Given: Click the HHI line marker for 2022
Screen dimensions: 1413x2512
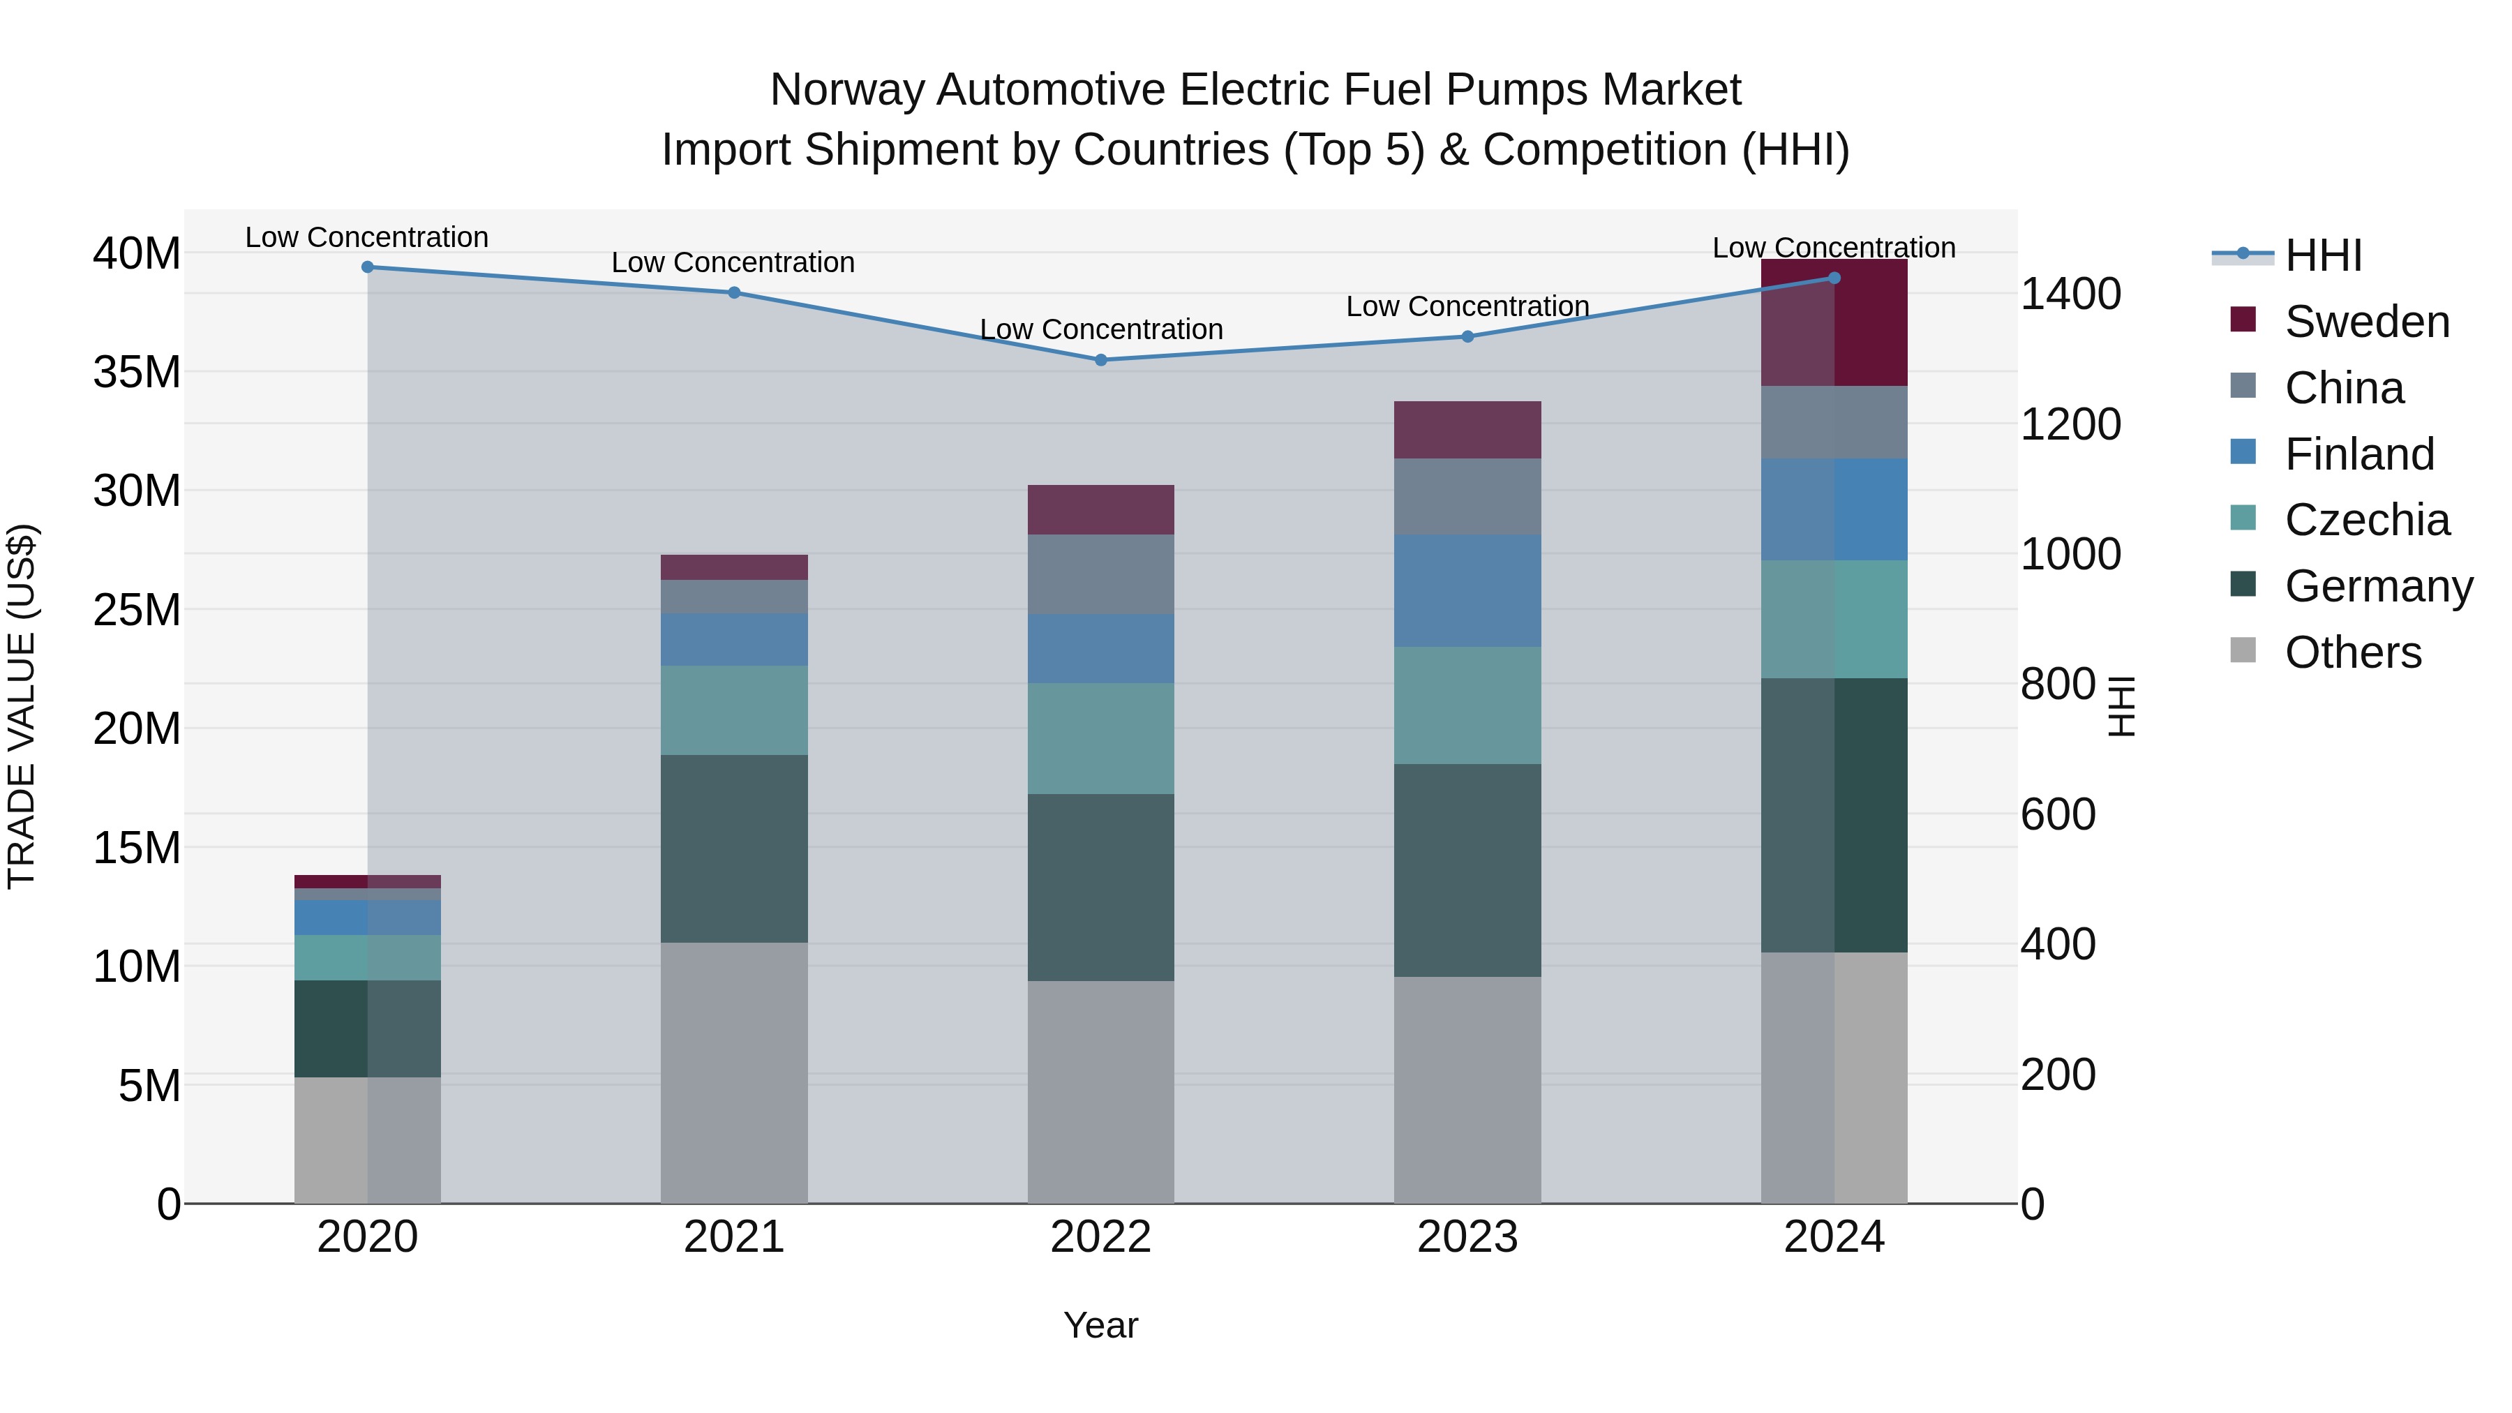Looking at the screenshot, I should [1101, 360].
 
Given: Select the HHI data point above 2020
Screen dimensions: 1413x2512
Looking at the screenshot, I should [368, 267].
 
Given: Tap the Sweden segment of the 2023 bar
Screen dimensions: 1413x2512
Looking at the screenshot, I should [1467, 430].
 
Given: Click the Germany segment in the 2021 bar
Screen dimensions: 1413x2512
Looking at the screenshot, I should [733, 848].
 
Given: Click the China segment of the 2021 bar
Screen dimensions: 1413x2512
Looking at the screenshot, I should [733, 597].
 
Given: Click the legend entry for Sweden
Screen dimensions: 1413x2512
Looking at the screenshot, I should [2367, 322].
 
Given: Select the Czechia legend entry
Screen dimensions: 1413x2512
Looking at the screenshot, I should [2367, 520].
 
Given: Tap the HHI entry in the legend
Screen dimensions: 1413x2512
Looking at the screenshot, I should [2323, 255].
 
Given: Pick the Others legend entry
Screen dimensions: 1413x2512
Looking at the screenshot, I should [2352, 652].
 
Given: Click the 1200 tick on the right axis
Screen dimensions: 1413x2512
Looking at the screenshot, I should [2070, 424].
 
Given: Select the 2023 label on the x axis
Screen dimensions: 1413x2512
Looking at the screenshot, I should [1467, 1237].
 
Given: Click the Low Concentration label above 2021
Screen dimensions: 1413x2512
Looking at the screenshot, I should [733, 262].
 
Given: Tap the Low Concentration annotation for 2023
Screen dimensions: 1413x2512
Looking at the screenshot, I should [1467, 306].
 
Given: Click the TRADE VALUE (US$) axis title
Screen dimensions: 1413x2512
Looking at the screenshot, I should [22, 706].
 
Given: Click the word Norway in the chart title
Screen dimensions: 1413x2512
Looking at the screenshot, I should [846, 91].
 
